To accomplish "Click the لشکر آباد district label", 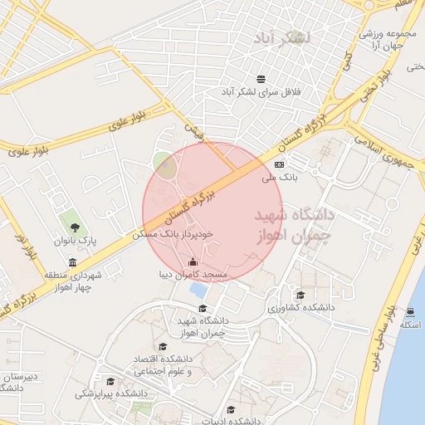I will click(x=284, y=38).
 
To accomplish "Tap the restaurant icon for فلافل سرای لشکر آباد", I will click(x=261, y=79).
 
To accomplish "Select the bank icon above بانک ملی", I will click(x=278, y=164).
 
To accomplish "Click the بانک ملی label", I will click(x=279, y=177).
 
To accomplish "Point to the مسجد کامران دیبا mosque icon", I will click(x=193, y=263).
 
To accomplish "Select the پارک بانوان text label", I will click(x=76, y=241).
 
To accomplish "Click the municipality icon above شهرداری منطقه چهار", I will click(x=73, y=262).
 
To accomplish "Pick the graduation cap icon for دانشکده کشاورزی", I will click(x=300, y=294).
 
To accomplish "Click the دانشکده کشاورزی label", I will click(x=300, y=307).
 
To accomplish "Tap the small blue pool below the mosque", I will click(x=198, y=291).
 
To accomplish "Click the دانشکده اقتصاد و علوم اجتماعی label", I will click(x=163, y=364).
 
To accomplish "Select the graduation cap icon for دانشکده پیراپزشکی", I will click(x=110, y=382).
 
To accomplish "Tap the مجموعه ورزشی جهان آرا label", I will click(x=381, y=41).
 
